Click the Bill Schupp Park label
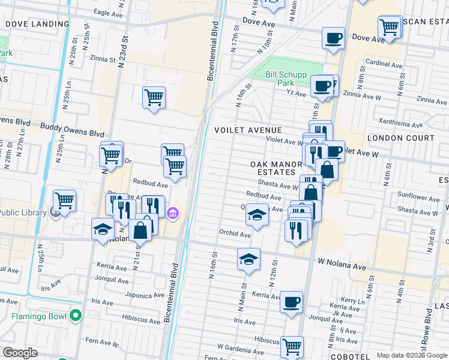click(286, 79)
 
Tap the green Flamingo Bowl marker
click(75, 315)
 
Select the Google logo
click(20, 353)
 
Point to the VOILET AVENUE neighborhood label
click(248, 130)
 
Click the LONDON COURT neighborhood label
click(400, 138)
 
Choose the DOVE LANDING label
click(29, 24)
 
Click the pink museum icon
click(172, 212)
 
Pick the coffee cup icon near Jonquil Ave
click(291, 302)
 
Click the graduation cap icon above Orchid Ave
click(256, 214)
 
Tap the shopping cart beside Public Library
click(64, 200)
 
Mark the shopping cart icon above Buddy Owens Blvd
click(154, 97)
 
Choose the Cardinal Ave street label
click(384, 63)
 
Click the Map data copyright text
click(411, 355)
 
